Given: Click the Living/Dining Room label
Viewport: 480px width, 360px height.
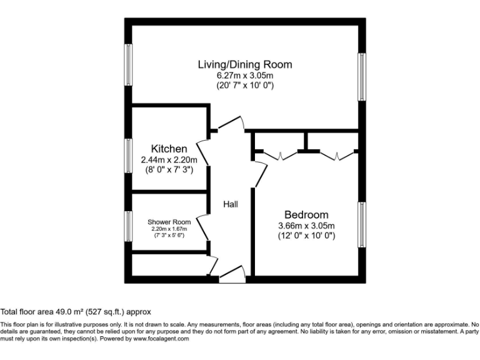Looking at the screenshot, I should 244,64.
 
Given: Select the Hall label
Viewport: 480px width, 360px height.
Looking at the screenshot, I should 231,204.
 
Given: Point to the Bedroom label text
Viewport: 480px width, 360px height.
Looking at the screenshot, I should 306,214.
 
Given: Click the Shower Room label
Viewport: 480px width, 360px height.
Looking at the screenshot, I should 169,222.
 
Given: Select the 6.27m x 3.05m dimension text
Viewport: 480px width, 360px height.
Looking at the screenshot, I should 244,75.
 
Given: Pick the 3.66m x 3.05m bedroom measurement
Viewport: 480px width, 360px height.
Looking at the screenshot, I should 306,226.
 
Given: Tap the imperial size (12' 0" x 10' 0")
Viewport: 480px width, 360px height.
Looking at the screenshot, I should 306,236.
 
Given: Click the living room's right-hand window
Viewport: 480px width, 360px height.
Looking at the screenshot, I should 361,76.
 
